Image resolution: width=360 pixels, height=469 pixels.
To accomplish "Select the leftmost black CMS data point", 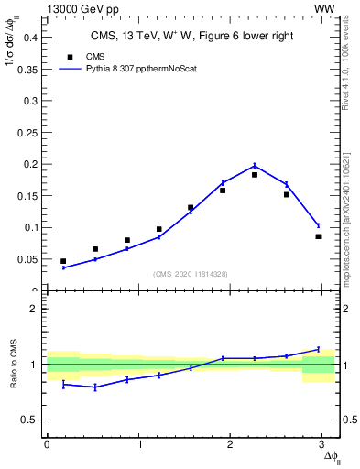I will [63, 261].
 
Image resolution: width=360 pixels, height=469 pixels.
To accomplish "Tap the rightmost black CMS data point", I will [318, 236].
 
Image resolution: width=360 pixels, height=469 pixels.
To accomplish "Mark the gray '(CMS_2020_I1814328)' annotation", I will [190, 274].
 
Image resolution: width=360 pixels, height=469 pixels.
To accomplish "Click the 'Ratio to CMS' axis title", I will [14, 365].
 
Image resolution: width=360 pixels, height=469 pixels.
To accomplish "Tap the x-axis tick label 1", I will [139, 444].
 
